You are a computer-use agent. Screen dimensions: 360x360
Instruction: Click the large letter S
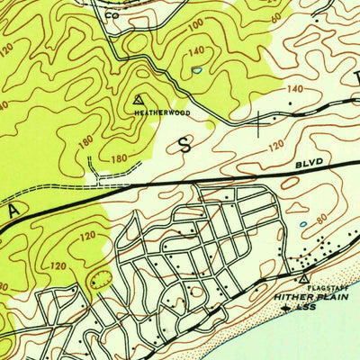click(186, 147)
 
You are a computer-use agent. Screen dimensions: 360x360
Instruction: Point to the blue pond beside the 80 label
click(303, 223)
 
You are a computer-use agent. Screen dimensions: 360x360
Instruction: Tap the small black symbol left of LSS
click(287, 307)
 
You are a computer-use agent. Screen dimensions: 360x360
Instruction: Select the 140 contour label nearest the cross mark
click(294, 90)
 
